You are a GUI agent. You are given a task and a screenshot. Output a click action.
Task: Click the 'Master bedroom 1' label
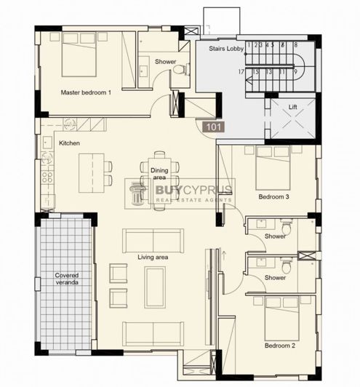(x=86, y=93)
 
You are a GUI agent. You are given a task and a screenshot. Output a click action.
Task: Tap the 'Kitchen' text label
(x=69, y=143)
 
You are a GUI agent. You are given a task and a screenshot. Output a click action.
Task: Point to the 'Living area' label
(x=153, y=258)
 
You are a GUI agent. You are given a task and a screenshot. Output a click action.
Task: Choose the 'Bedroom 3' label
(x=274, y=197)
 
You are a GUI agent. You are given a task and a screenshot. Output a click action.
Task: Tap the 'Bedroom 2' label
(x=280, y=346)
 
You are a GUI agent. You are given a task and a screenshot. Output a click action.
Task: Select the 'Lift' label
(x=292, y=106)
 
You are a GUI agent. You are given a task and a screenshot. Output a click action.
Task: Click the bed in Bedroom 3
(x=273, y=167)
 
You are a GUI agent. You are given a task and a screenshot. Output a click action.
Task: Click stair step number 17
(x=240, y=72)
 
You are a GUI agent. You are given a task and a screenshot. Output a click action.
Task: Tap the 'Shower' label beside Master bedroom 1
(x=164, y=62)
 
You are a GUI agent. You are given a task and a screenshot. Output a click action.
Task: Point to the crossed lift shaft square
(x=292, y=118)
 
